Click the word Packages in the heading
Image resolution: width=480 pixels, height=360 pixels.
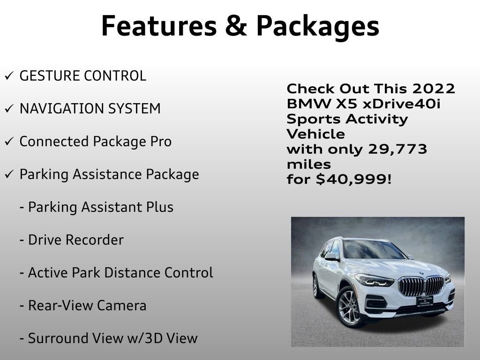pyautogui.click(x=317, y=26)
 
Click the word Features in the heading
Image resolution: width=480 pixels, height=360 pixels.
pyautogui.click(x=157, y=26)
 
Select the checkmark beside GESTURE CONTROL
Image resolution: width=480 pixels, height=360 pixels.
pyautogui.click(x=8, y=76)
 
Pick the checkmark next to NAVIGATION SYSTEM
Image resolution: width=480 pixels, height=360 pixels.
pyautogui.click(x=8, y=109)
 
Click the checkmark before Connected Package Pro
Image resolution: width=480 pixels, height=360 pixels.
pyautogui.click(x=8, y=142)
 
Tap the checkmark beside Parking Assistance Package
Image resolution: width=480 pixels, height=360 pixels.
pyautogui.click(x=8, y=175)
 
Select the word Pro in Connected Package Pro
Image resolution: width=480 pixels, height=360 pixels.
pyautogui.click(x=161, y=142)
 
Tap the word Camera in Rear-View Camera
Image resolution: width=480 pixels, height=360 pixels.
pyautogui.click(x=121, y=306)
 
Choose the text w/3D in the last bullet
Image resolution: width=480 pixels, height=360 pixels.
pyautogui.click(x=141, y=338)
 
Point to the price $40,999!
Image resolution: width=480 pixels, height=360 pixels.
pyautogui.click(x=353, y=179)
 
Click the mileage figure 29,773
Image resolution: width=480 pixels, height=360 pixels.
pyautogui.click(x=398, y=150)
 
